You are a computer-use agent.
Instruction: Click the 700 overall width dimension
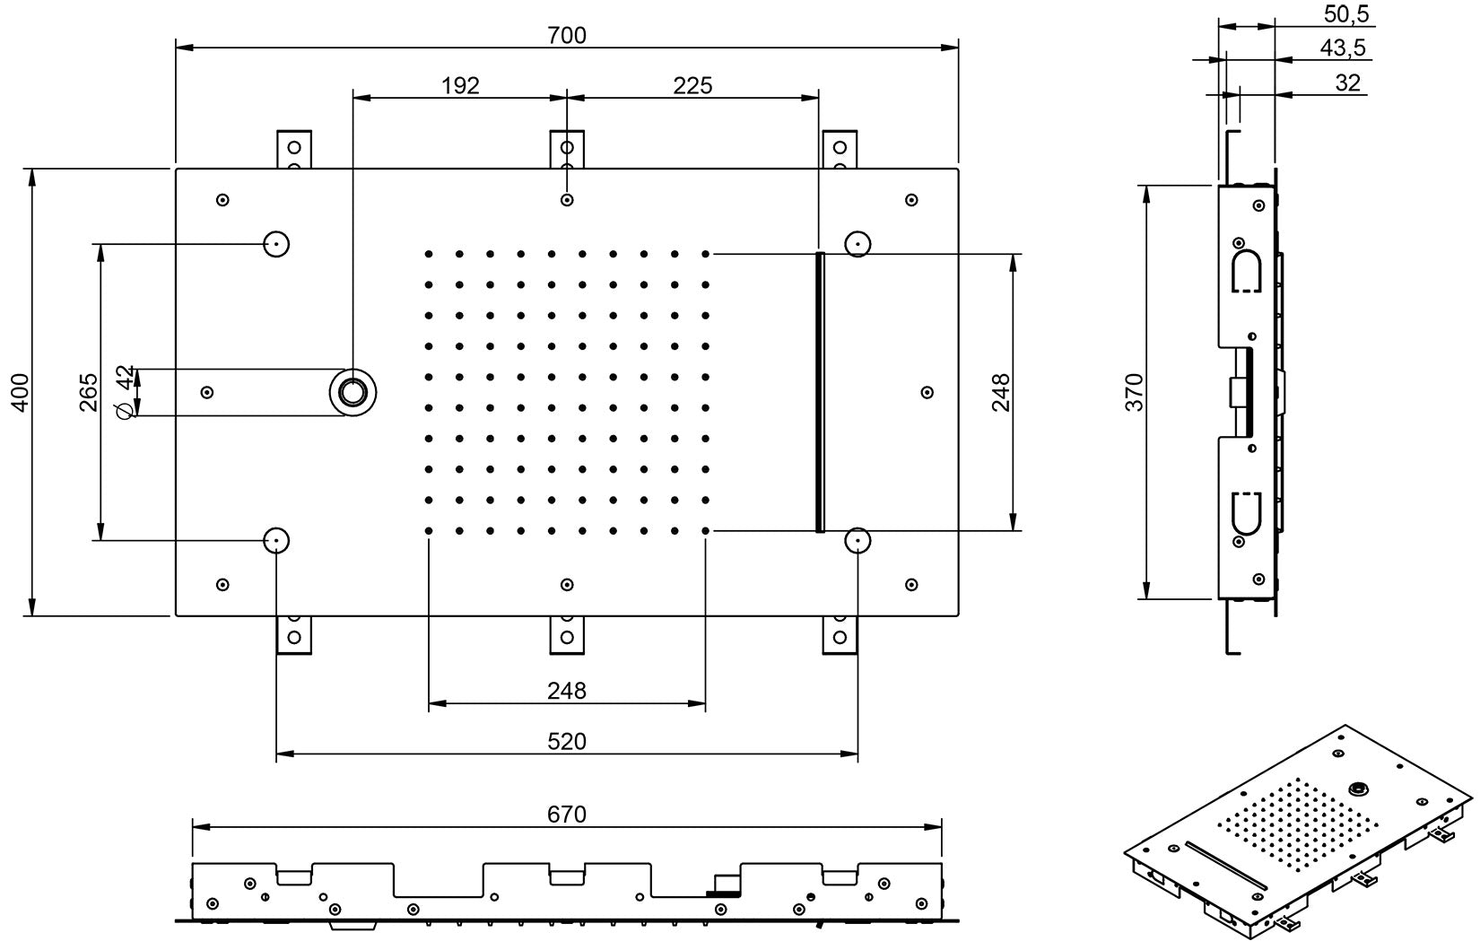pyautogui.click(x=566, y=35)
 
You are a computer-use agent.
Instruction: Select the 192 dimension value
pyautogui.click(x=460, y=85)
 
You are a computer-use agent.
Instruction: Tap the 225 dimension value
pyautogui.click(x=692, y=85)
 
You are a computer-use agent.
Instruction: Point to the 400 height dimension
pyautogui.click(x=21, y=392)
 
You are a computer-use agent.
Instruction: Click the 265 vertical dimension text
pyautogui.click(x=88, y=392)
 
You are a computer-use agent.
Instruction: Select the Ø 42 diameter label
pyautogui.click(x=126, y=391)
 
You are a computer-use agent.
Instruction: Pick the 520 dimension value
pyautogui.click(x=566, y=741)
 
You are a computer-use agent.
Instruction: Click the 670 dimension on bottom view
pyautogui.click(x=566, y=814)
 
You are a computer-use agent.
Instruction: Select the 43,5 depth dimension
pyautogui.click(x=1343, y=48)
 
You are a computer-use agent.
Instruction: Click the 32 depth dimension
pyautogui.click(x=1347, y=83)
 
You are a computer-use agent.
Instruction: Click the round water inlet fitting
pyautogui.click(x=353, y=392)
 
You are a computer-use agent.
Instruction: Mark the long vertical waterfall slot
pyautogui.click(x=820, y=392)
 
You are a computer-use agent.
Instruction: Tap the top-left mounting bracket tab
pyautogui.click(x=293, y=148)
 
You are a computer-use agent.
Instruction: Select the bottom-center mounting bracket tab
pyautogui.click(x=566, y=634)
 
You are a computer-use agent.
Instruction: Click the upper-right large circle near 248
pyautogui.click(x=858, y=243)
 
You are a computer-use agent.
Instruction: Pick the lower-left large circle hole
pyautogui.click(x=276, y=540)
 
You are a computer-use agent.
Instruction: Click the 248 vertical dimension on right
pyautogui.click(x=1001, y=392)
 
